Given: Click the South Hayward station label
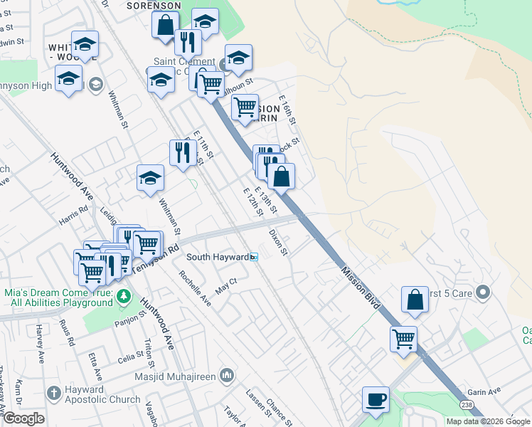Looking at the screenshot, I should click(218, 256).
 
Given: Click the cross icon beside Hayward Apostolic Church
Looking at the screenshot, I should click(53, 393).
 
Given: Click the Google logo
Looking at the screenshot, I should click(23, 418).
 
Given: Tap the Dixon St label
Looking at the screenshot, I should click(278, 242).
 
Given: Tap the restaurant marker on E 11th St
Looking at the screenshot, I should click(183, 152).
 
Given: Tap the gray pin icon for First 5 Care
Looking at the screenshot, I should click(484, 292).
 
